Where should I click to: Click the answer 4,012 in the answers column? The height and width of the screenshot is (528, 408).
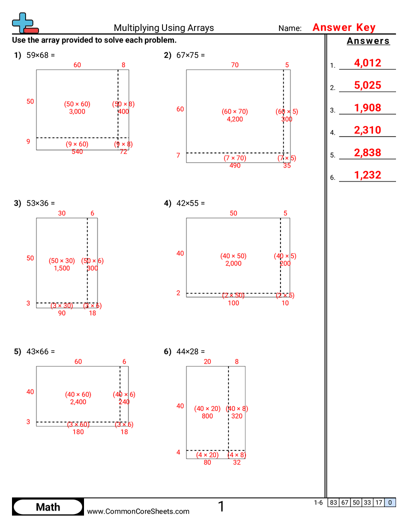[x=367, y=63]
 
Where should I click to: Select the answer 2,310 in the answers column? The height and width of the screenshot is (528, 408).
[x=367, y=130]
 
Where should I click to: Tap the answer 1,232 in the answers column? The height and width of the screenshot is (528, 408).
[x=367, y=175]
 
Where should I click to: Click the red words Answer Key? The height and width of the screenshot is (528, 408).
[x=343, y=28]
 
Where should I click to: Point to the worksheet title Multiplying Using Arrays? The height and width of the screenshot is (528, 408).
[x=163, y=28]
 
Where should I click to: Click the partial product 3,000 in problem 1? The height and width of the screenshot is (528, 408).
[x=77, y=111]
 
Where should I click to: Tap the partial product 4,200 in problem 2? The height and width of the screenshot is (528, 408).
[x=234, y=119]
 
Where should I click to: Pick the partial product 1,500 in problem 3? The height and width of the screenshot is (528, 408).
[x=61, y=268]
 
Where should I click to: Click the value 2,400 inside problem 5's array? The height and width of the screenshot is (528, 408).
[x=78, y=401]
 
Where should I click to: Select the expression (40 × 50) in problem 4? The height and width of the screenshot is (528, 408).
[x=233, y=256]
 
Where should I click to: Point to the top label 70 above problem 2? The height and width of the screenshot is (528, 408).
[x=234, y=64]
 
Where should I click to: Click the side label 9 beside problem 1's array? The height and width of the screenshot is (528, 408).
[x=28, y=141]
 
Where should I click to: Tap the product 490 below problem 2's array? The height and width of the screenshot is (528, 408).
[x=234, y=165]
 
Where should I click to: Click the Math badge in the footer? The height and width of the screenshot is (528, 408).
[x=48, y=507]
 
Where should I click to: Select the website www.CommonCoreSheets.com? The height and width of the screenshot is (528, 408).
[x=138, y=511]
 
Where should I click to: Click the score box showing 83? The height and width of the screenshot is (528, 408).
[x=333, y=503]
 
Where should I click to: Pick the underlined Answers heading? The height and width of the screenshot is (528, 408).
[x=368, y=41]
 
